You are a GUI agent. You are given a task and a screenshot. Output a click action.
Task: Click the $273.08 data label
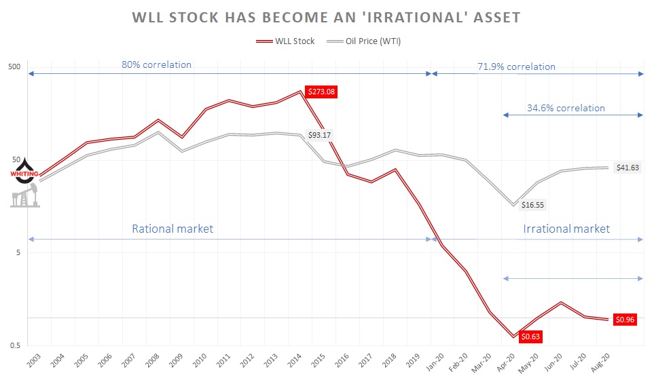coord(321,92)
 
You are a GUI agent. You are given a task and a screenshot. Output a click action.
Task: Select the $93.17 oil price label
coord(319,135)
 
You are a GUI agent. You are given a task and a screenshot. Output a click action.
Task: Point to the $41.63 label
coord(628,167)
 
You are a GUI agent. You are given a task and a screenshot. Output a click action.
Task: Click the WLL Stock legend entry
coord(287,41)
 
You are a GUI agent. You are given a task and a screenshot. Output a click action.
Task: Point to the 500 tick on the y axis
coord(15,67)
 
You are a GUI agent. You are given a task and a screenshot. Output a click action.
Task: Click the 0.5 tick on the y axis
coord(15,345)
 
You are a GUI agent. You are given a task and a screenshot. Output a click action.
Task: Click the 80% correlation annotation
coord(156,65)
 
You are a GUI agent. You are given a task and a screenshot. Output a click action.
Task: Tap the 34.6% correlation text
coord(565,108)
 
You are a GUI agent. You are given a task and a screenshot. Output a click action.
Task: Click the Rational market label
coord(172,229)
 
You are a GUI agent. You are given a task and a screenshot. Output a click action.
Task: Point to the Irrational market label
coord(566,229)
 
